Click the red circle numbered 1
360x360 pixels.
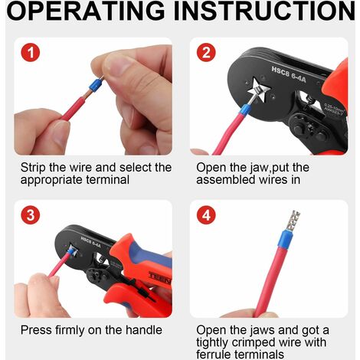pos(31,52)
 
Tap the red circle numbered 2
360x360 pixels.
pos(206,52)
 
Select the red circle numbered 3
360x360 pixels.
pos(31,215)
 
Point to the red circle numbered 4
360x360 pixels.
pos(206,215)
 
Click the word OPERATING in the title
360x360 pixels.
pos(86,11)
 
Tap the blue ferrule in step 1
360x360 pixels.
pos(97,85)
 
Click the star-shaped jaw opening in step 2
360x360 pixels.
pos(259,90)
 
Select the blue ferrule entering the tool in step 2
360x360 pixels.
pos(244,110)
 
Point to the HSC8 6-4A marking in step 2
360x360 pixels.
pos(289,74)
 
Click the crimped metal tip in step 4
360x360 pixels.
pos(293,221)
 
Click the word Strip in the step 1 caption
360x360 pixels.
pos(34,168)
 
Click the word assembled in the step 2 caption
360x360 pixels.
pos(226,180)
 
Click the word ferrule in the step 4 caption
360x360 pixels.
pos(214,355)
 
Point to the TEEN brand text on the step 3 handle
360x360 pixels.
pos(159,278)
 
